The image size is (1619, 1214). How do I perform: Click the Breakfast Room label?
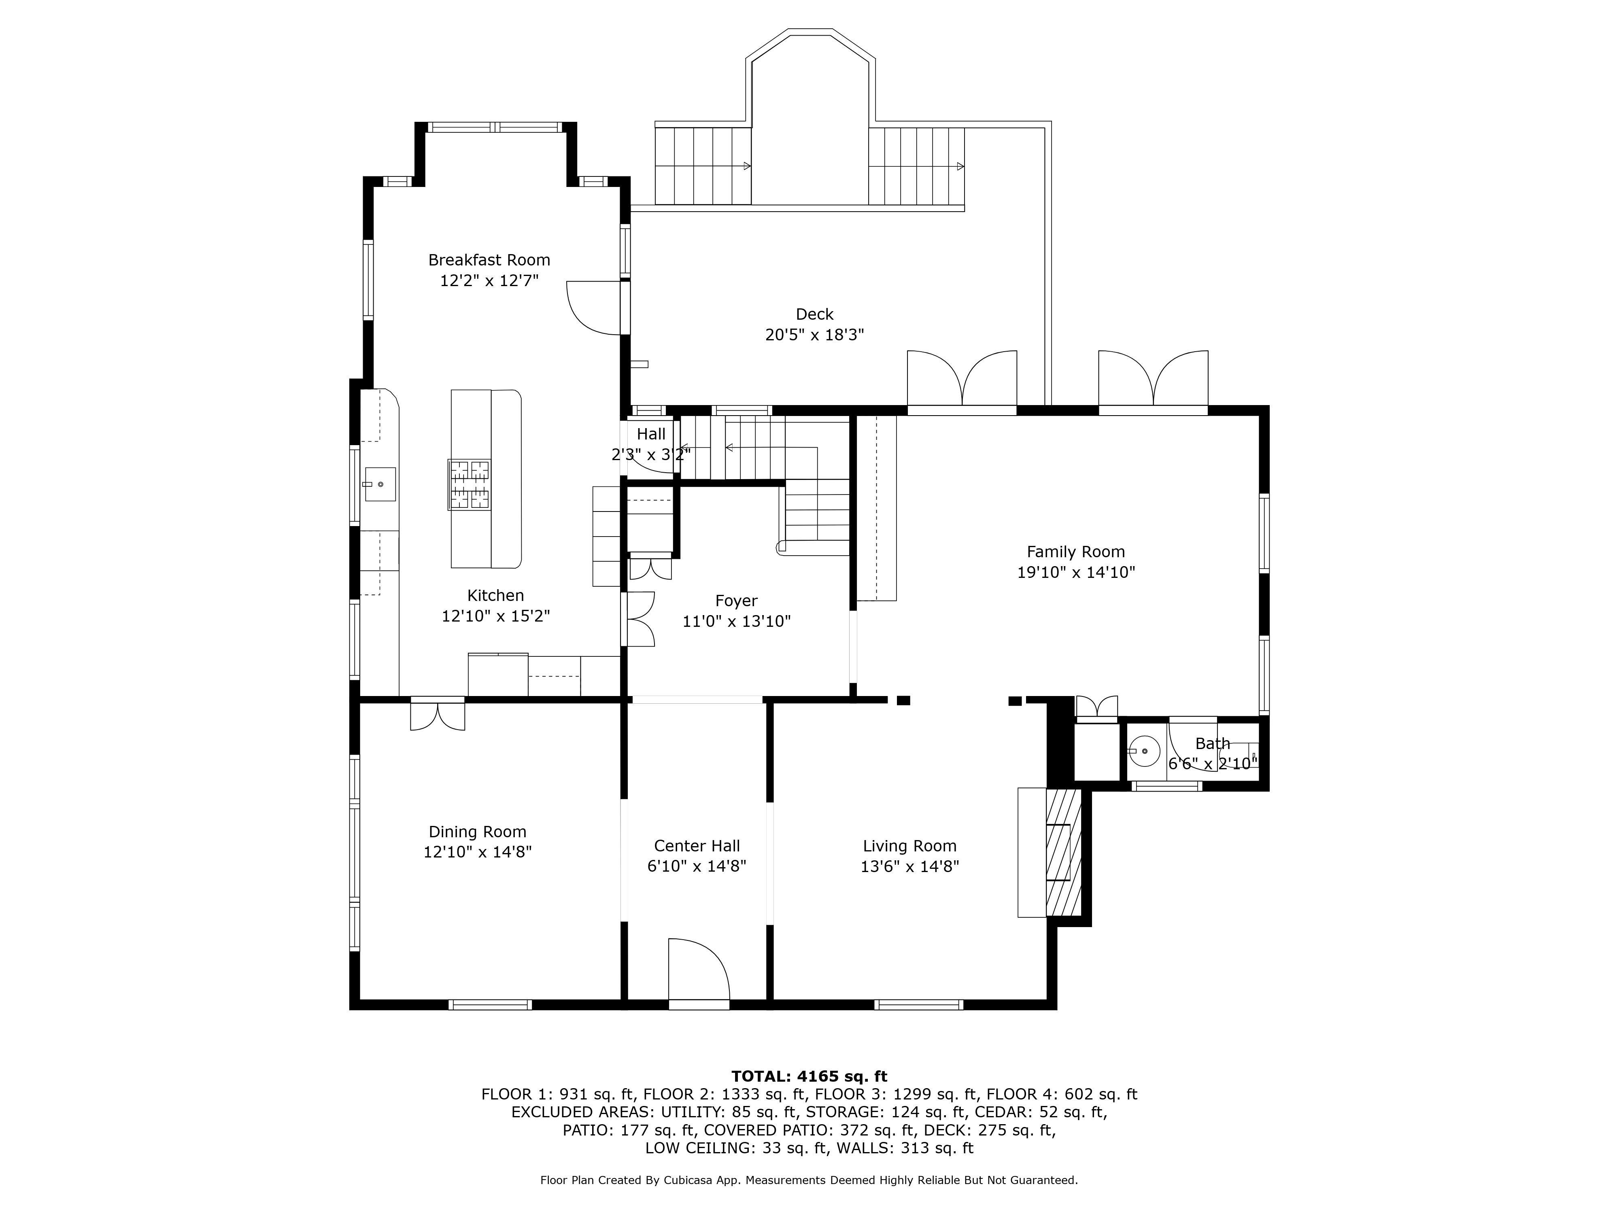point(489,260)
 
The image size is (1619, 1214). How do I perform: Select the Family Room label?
point(1075,552)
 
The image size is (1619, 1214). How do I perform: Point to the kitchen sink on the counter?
point(380,484)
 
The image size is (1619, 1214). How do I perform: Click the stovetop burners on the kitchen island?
point(469,484)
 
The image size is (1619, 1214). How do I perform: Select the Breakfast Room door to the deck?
point(594,308)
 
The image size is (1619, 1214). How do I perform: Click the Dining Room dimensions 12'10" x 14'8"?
point(477,852)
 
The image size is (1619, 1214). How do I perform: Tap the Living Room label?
point(910,846)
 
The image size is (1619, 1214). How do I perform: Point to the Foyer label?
point(736,601)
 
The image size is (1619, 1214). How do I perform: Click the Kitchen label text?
point(495,596)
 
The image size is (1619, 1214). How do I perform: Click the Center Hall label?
point(697,846)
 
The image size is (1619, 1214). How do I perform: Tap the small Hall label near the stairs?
point(651,434)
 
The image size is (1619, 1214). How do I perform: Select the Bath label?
point(1213,743)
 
